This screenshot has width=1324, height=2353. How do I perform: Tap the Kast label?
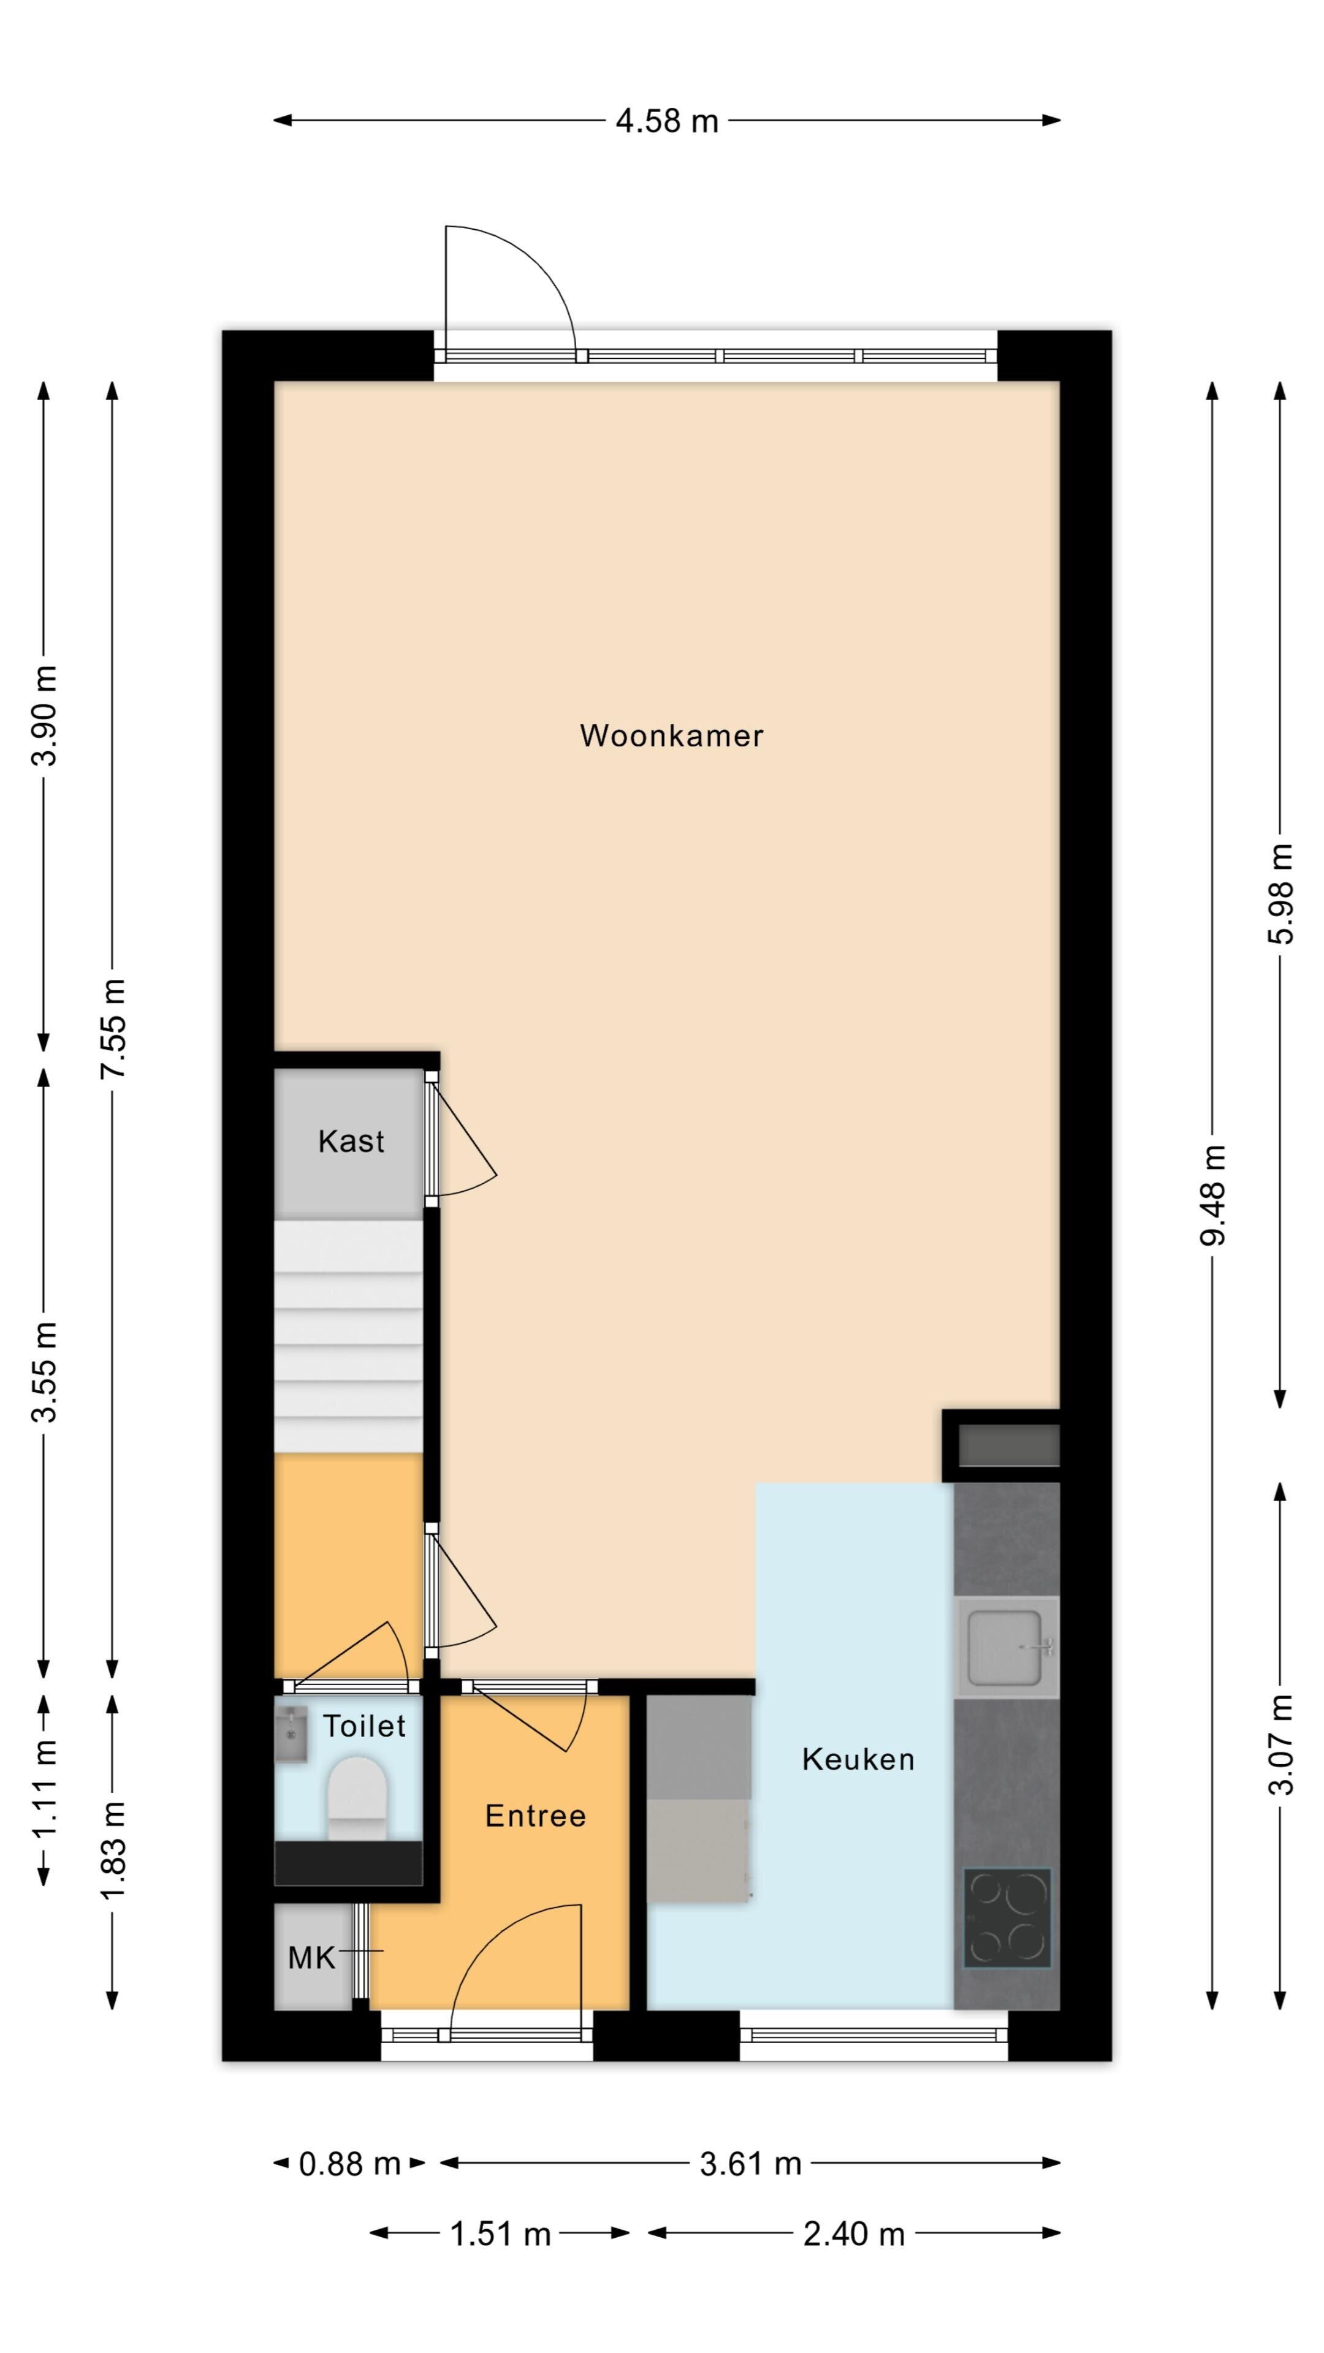pos(351,1141)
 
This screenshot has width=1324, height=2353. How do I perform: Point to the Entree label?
pos(536,1815)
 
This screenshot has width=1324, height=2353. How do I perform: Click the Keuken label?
pos(858,1759)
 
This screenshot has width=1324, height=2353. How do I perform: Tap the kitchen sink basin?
pos(1005,1647)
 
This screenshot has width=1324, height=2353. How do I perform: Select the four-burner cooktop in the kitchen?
pos(1007,1918)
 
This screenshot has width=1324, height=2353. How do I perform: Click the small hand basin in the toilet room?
pos(291,1735)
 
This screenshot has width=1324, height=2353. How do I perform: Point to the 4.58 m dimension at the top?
pos(667,121)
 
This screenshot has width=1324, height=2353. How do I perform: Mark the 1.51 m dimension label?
pos(501,2234)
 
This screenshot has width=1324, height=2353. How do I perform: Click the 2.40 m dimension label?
pos(854,2234)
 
